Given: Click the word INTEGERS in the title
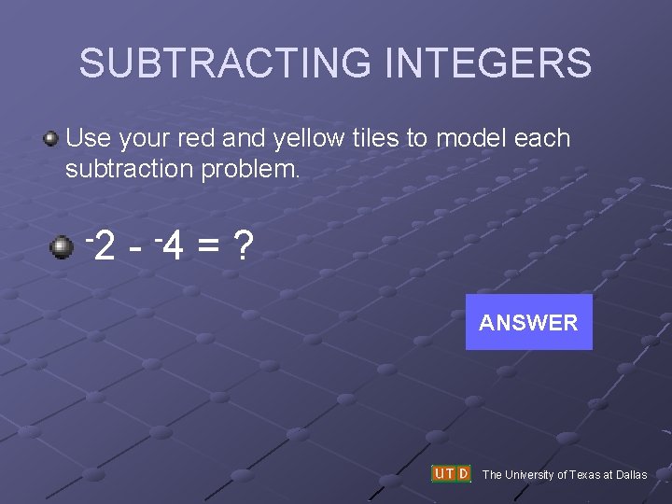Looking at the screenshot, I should click(x=488, y=63).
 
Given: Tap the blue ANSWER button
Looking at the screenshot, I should click(x=528, y=323).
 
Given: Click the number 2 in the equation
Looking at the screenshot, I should click(x=105, y=248).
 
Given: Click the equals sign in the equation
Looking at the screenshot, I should click(x=210, y=248).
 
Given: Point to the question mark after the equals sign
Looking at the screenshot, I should click(x=244, y=247).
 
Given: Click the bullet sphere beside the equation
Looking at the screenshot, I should click(x=62, y=247).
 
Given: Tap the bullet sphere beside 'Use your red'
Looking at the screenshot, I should click(x=50, y=140).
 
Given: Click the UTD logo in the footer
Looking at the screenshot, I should click(x=451, y=474).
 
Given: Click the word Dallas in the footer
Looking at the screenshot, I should click(x=630, y=475).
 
